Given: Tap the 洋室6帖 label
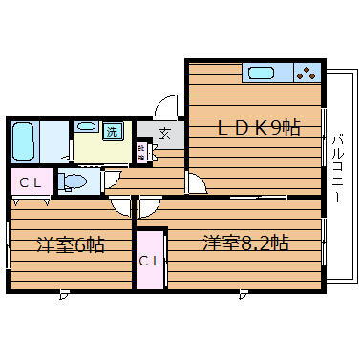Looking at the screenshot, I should (x=70, y=244).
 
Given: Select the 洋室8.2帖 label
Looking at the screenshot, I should (x=244, y=243).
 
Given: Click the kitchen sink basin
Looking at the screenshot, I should (x=261, y=73).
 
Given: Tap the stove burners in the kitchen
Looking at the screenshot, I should (x=306, y=73).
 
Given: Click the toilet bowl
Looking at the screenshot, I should (x=74, y=181).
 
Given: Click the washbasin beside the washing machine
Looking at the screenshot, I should (x=85, y=126).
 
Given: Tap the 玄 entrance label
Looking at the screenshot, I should (x=165, y=134).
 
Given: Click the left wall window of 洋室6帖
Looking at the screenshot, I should (x=8, y=245).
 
